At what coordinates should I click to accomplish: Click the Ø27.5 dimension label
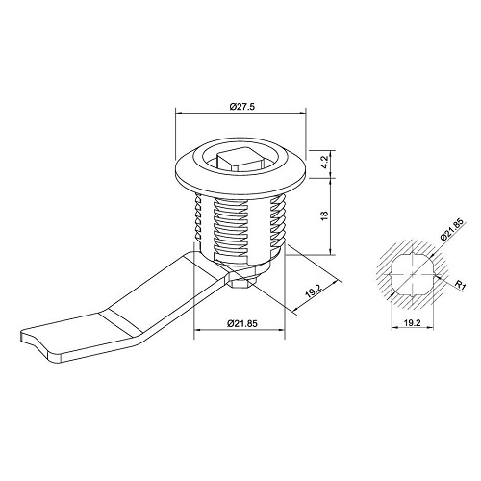click(x=242, y=107)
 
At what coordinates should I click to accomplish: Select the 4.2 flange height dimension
click(x=324, y=163)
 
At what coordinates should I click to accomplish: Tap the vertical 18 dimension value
click(x=324, y=215)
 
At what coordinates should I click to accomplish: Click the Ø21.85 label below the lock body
click(x=242, y=323)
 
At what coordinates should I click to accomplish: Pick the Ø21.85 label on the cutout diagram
click(x=452, y=230)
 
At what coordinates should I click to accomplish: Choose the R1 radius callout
click(x=460, y=285)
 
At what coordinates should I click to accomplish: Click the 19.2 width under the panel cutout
click(x=412, y=323)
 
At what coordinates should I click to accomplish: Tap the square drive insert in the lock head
click(x=237, y=160)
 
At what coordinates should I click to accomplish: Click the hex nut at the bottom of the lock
click(x=242, y=281)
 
